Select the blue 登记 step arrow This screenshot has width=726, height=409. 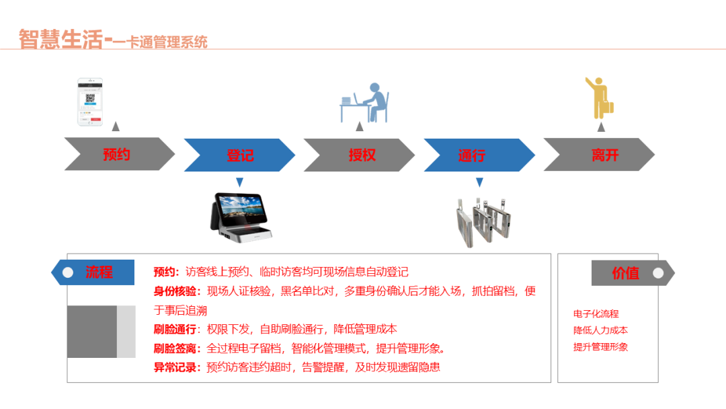pos(239,155)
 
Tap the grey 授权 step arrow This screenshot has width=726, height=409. pos(360,155)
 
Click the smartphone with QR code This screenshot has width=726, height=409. pos(90,102)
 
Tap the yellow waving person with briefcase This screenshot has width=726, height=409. pos(600,99)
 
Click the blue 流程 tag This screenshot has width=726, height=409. pos(94,272)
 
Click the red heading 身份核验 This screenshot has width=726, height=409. pos(177,291)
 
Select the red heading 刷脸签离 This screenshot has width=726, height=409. pos(177,348)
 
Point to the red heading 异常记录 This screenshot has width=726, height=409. pos(177,367)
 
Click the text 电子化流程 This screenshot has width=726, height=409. pos(596,313)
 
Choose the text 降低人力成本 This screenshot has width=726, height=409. pos(600,330)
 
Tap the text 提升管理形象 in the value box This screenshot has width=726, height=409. pos(600,347)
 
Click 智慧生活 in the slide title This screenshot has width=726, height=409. pos(61,39)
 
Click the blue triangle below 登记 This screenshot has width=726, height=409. pos(239,182)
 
